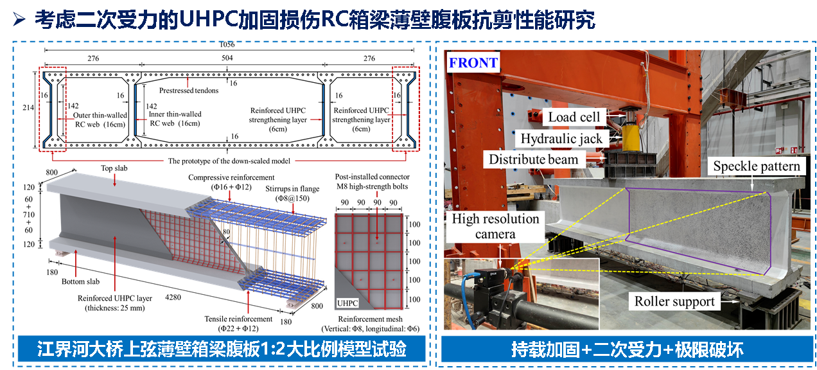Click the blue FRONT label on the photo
pos(473,63)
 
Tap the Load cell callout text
pos(574,117)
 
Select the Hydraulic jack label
pos(561,138)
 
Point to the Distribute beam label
pos(533,159)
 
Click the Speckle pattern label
pos(757,167)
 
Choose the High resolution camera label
pos(495,226)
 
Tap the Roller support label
pos(674,301)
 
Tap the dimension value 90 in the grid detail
pos(377,202)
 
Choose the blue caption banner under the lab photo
pos(628,349)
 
